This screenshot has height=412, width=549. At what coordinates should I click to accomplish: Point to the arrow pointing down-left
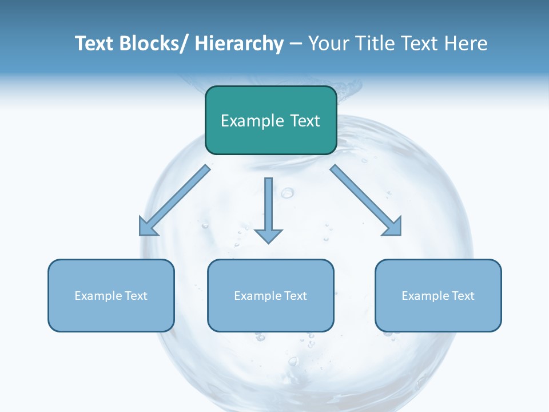pos(174,200)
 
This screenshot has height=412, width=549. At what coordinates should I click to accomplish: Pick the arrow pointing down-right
pos(366,200)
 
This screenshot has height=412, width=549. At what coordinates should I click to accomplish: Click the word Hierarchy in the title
pos(239,43)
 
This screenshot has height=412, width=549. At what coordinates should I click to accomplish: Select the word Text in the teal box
pos(304,121)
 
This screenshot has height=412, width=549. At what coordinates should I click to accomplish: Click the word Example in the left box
pos(98,296)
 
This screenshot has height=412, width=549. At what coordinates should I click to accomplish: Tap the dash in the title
pos(296,43)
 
